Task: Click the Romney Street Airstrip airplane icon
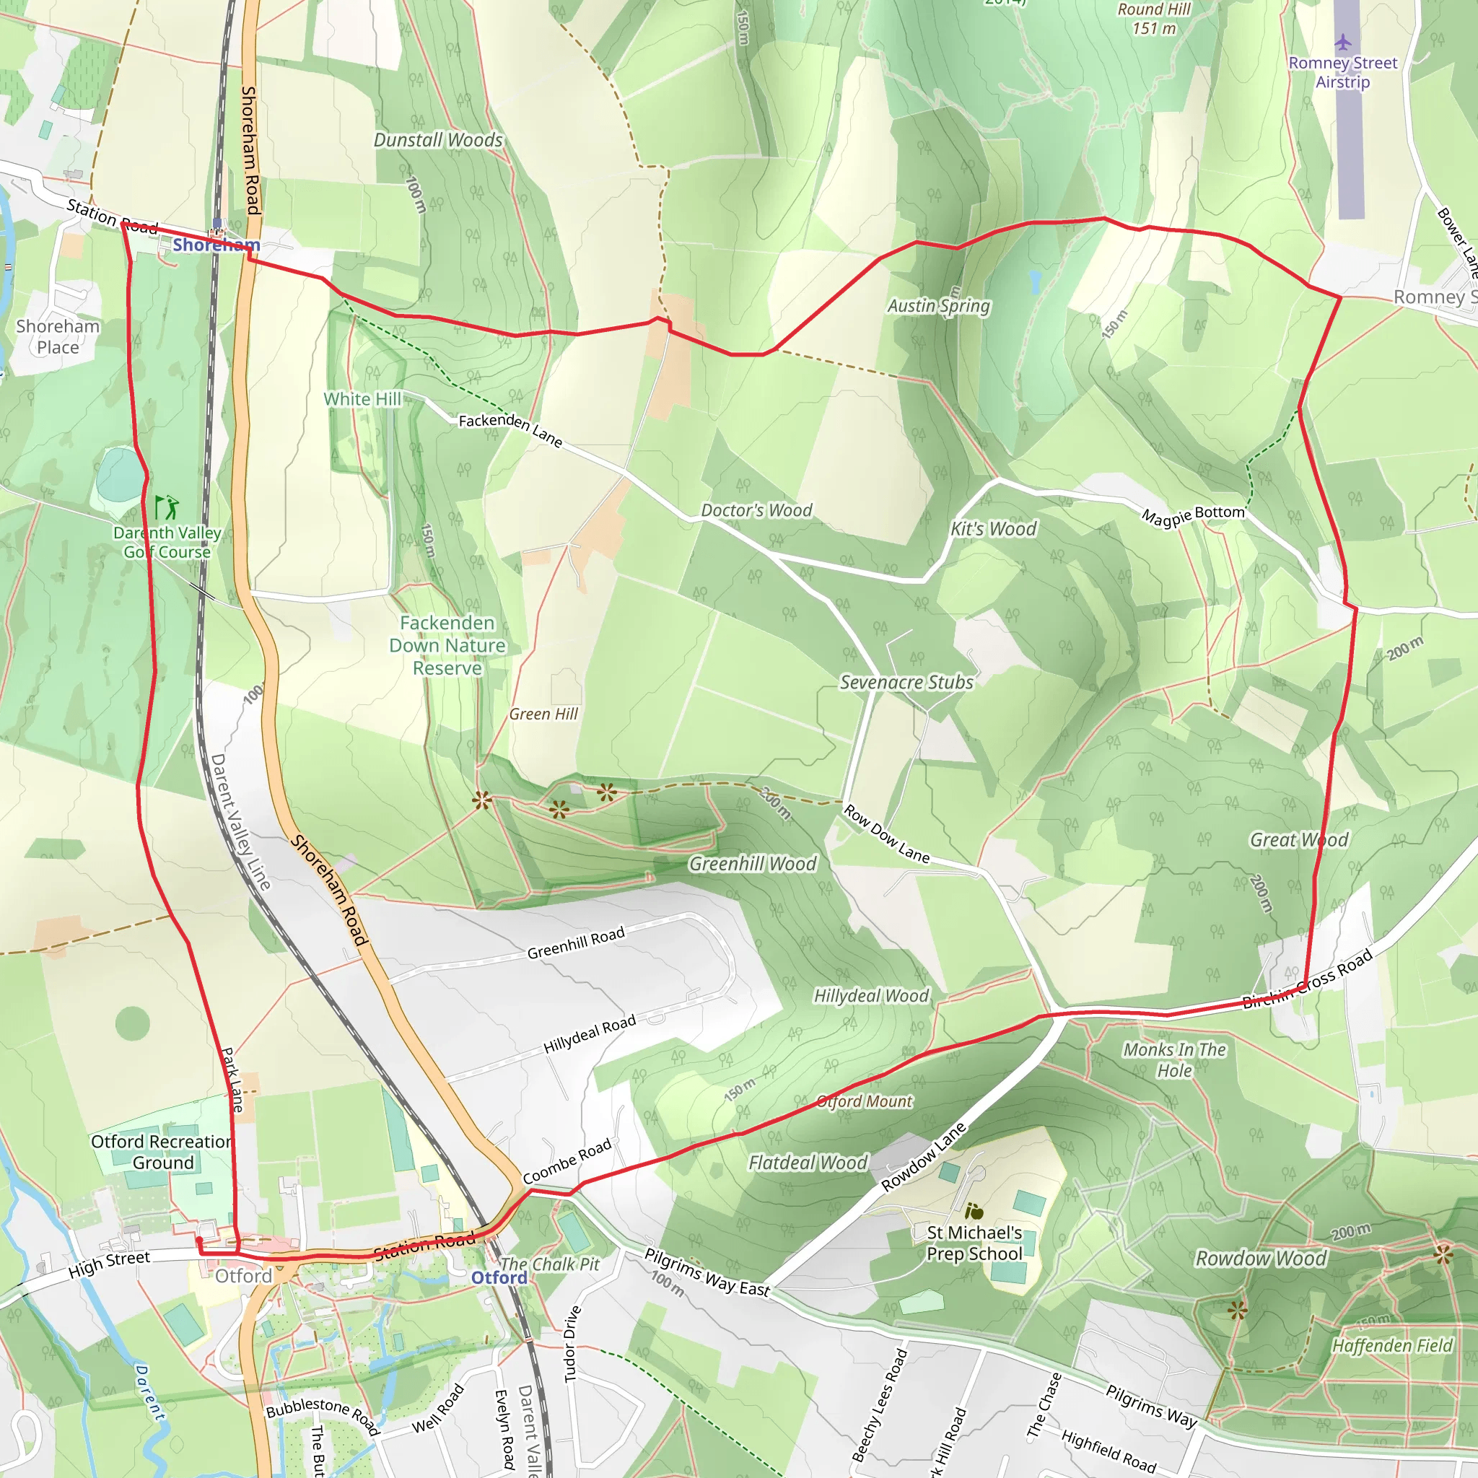coord(1342,41)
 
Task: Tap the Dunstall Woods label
coord(437,140)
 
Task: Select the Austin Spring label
coord(938,306)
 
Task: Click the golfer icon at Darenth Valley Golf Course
coord(167,507)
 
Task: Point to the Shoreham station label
coord(216,245)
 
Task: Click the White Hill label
coord(362,398)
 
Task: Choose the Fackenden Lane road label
coord(510,430)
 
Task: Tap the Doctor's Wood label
coord(756,510)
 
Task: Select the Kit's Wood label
coord(993,528)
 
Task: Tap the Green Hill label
coord(543,714)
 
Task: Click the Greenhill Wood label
coord(753,864)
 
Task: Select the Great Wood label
coord(1298,840)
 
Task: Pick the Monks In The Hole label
coord(1174,1059)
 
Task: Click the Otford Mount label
coord(865,1101)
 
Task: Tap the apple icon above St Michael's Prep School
coord(974,1211)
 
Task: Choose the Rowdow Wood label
coord(1260,1259)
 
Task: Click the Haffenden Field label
coord(1391,1346)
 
